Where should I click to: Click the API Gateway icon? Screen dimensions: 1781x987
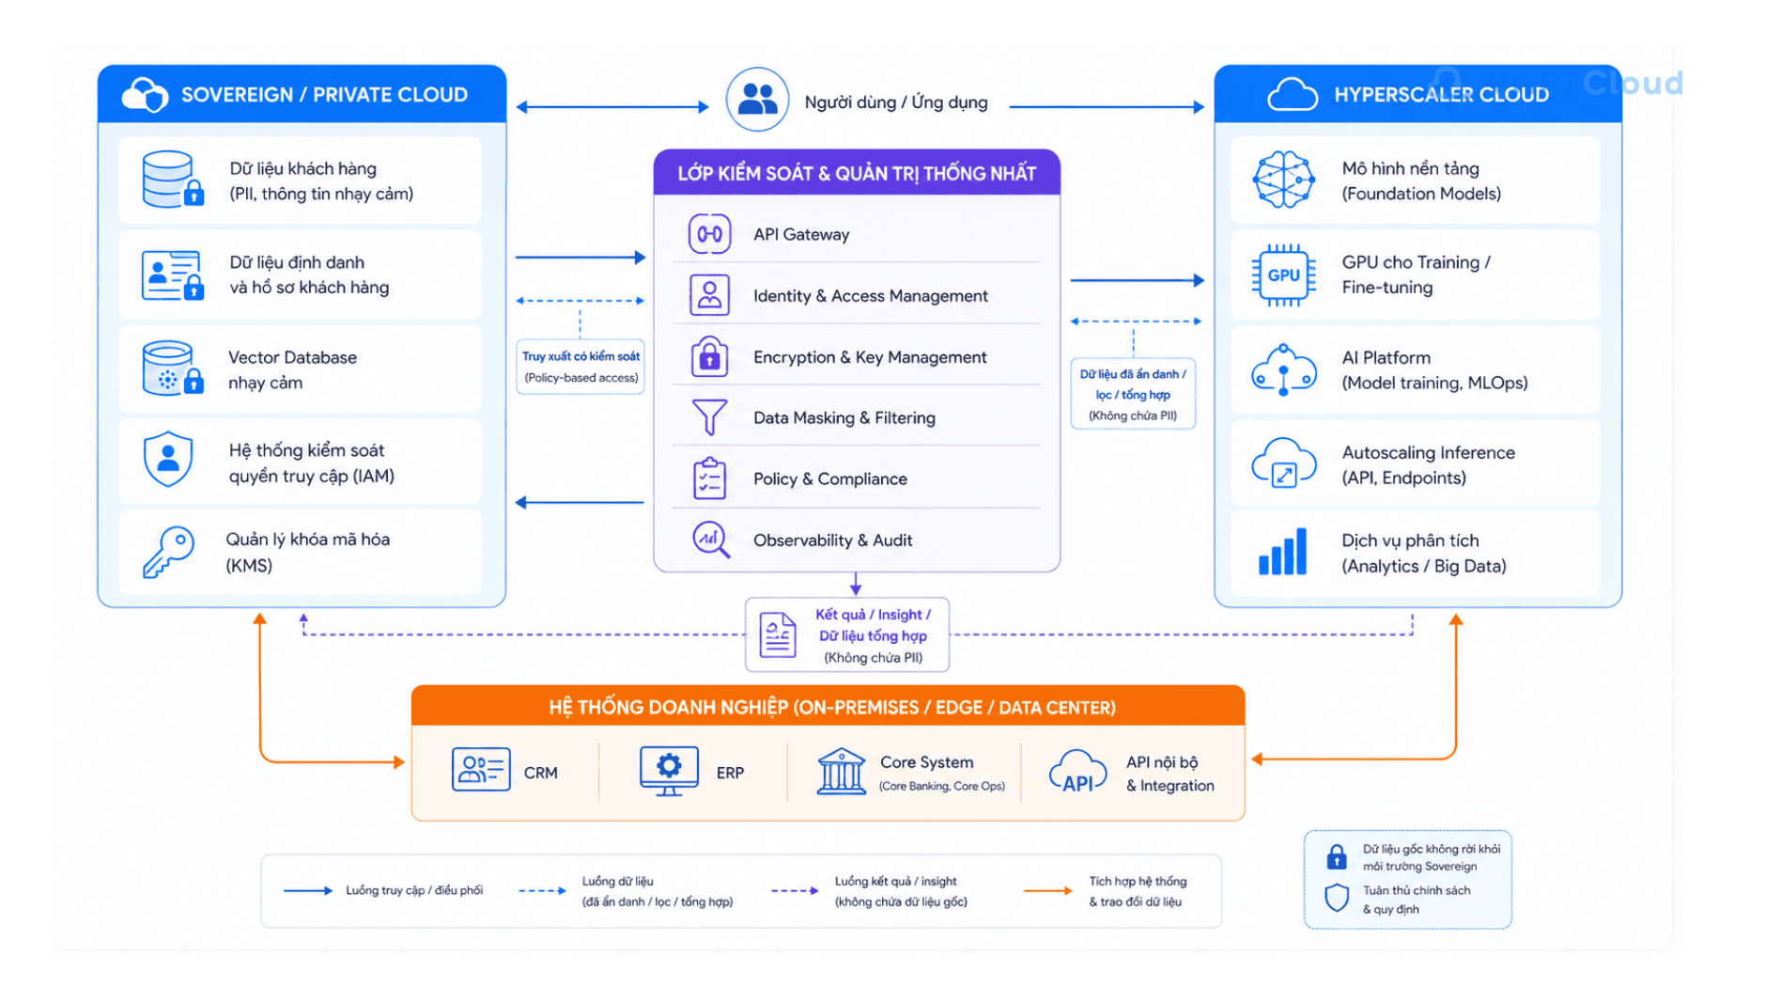point(709,234)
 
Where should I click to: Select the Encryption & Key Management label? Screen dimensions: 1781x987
point(870,357)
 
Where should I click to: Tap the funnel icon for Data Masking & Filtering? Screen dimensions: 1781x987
point(709,416)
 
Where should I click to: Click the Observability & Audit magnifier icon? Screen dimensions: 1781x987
point(711,540)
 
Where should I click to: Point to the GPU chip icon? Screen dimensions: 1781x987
point(1283,275)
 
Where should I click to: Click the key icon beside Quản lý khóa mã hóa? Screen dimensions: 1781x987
point(168,552)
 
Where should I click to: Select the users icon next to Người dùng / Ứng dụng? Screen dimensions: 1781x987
point(757,100)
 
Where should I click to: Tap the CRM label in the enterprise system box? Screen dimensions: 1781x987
point(540,773)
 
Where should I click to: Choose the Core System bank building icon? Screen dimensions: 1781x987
point(841,772)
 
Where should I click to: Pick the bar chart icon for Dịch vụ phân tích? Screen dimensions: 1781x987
point(1283,552)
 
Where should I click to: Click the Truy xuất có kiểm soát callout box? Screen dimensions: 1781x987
point(581,367)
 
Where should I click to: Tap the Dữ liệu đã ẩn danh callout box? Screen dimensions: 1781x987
point(1133,394)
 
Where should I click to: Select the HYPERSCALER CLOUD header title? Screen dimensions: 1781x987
point(1441,95)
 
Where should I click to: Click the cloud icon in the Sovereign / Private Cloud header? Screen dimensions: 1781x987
point(145,94)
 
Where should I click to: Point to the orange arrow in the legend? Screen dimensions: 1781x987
point(1047,890)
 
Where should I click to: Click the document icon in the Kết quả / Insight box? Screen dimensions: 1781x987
point(778,635)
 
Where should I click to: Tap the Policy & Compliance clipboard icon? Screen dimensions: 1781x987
point(710,478)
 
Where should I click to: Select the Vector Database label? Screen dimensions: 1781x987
point(292,357)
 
